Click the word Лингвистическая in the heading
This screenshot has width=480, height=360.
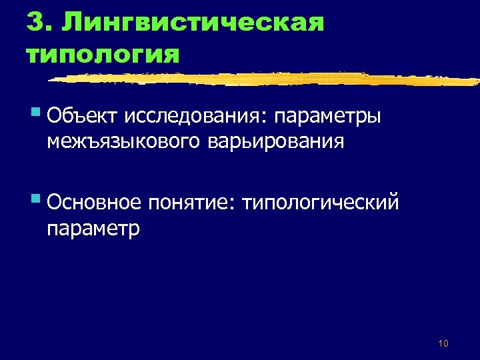[193, 23]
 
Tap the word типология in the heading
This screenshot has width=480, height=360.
[103, 53]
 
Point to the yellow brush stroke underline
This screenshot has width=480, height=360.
[267, 78]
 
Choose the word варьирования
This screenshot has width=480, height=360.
[281, 142]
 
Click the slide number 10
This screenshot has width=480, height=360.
[443, 343]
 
